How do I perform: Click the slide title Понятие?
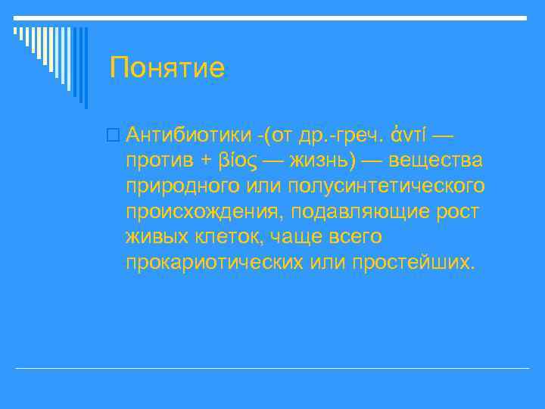(x=167, y=68)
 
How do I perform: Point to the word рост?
(x=457, y=212)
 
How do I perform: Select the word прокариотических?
(x=216, y=263)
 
